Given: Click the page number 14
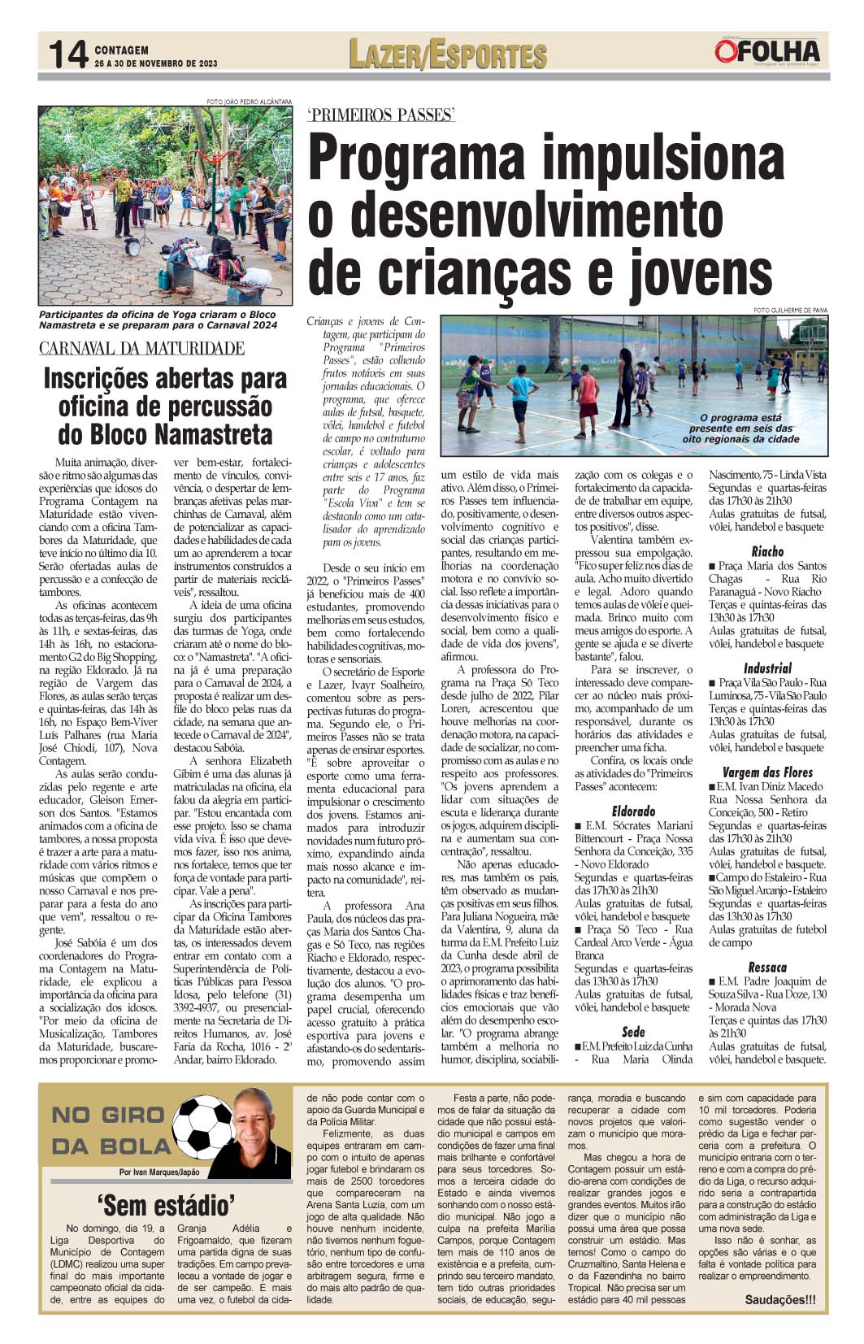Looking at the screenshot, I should tap(67, 55).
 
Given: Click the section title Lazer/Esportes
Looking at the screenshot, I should tap(447, 54).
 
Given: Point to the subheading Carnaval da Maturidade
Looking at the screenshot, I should tap(142, 349).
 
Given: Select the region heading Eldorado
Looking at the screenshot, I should tap(633, 811).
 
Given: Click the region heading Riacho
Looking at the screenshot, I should tap(767, 551).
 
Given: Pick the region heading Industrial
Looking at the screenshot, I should tap(767, 668).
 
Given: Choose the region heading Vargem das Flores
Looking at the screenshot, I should tap(767, 772).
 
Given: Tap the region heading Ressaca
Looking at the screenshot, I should tap(767, 967).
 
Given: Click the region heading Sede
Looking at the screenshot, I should tap(633, 1032).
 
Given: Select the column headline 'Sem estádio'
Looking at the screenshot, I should tap(165, 1203).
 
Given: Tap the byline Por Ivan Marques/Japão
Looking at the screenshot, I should tap(158, 1172).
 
